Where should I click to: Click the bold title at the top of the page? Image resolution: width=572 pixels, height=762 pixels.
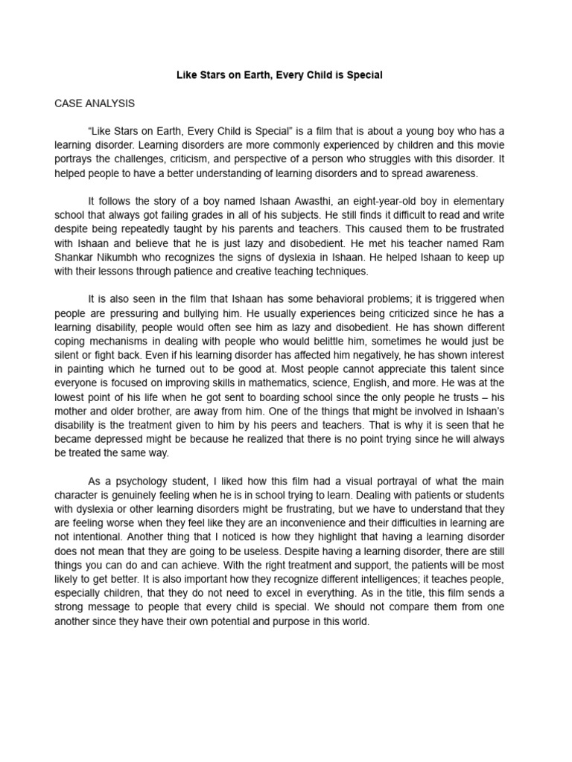[279, 75]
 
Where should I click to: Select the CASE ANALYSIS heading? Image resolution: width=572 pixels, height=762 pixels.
[95, 103]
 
